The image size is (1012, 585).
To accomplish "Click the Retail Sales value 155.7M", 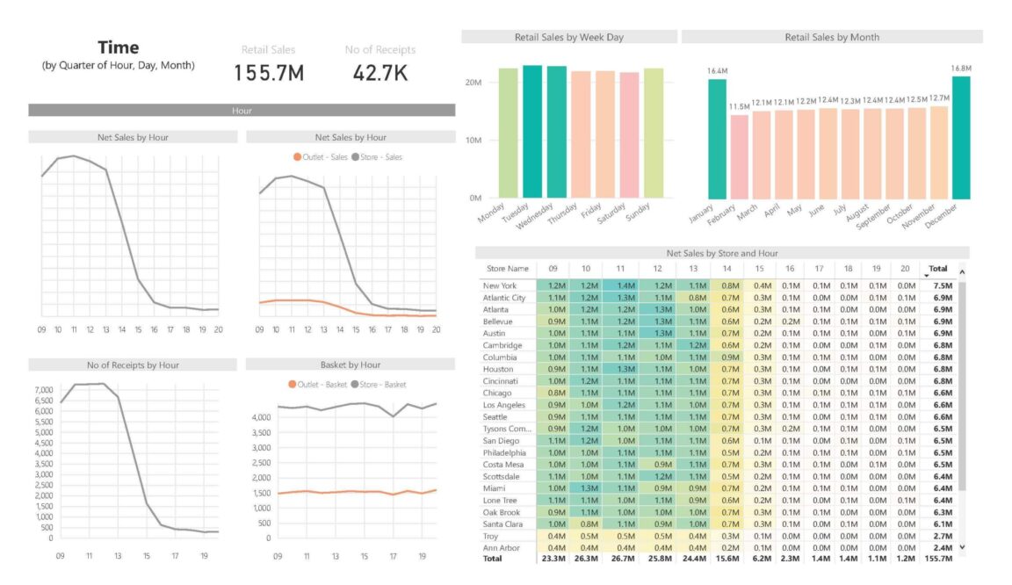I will (x=269, y=74).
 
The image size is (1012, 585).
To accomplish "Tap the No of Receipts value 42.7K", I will (x=380, y=74).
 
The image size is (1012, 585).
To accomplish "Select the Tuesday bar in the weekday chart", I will (x=532, y=132).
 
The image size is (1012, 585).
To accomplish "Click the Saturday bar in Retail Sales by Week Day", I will (x=629, y=135).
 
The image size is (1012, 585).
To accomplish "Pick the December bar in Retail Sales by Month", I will (x=961, y=137).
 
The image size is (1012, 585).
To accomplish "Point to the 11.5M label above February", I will (x=739, y=106).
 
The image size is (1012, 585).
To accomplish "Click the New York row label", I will (x=499, y=286).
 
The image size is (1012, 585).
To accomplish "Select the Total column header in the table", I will (x=937, y=269).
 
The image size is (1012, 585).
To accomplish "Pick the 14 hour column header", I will (x=727, y=269).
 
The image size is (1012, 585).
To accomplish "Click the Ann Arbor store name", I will (x=501, y=548).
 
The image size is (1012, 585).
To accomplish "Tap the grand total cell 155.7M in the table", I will (x=938, y=560).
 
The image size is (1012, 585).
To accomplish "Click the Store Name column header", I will (x=508, y=269).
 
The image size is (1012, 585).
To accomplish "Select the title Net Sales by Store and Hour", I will (x=722, y=253).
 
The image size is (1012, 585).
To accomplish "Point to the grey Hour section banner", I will (x=242, y=111).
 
